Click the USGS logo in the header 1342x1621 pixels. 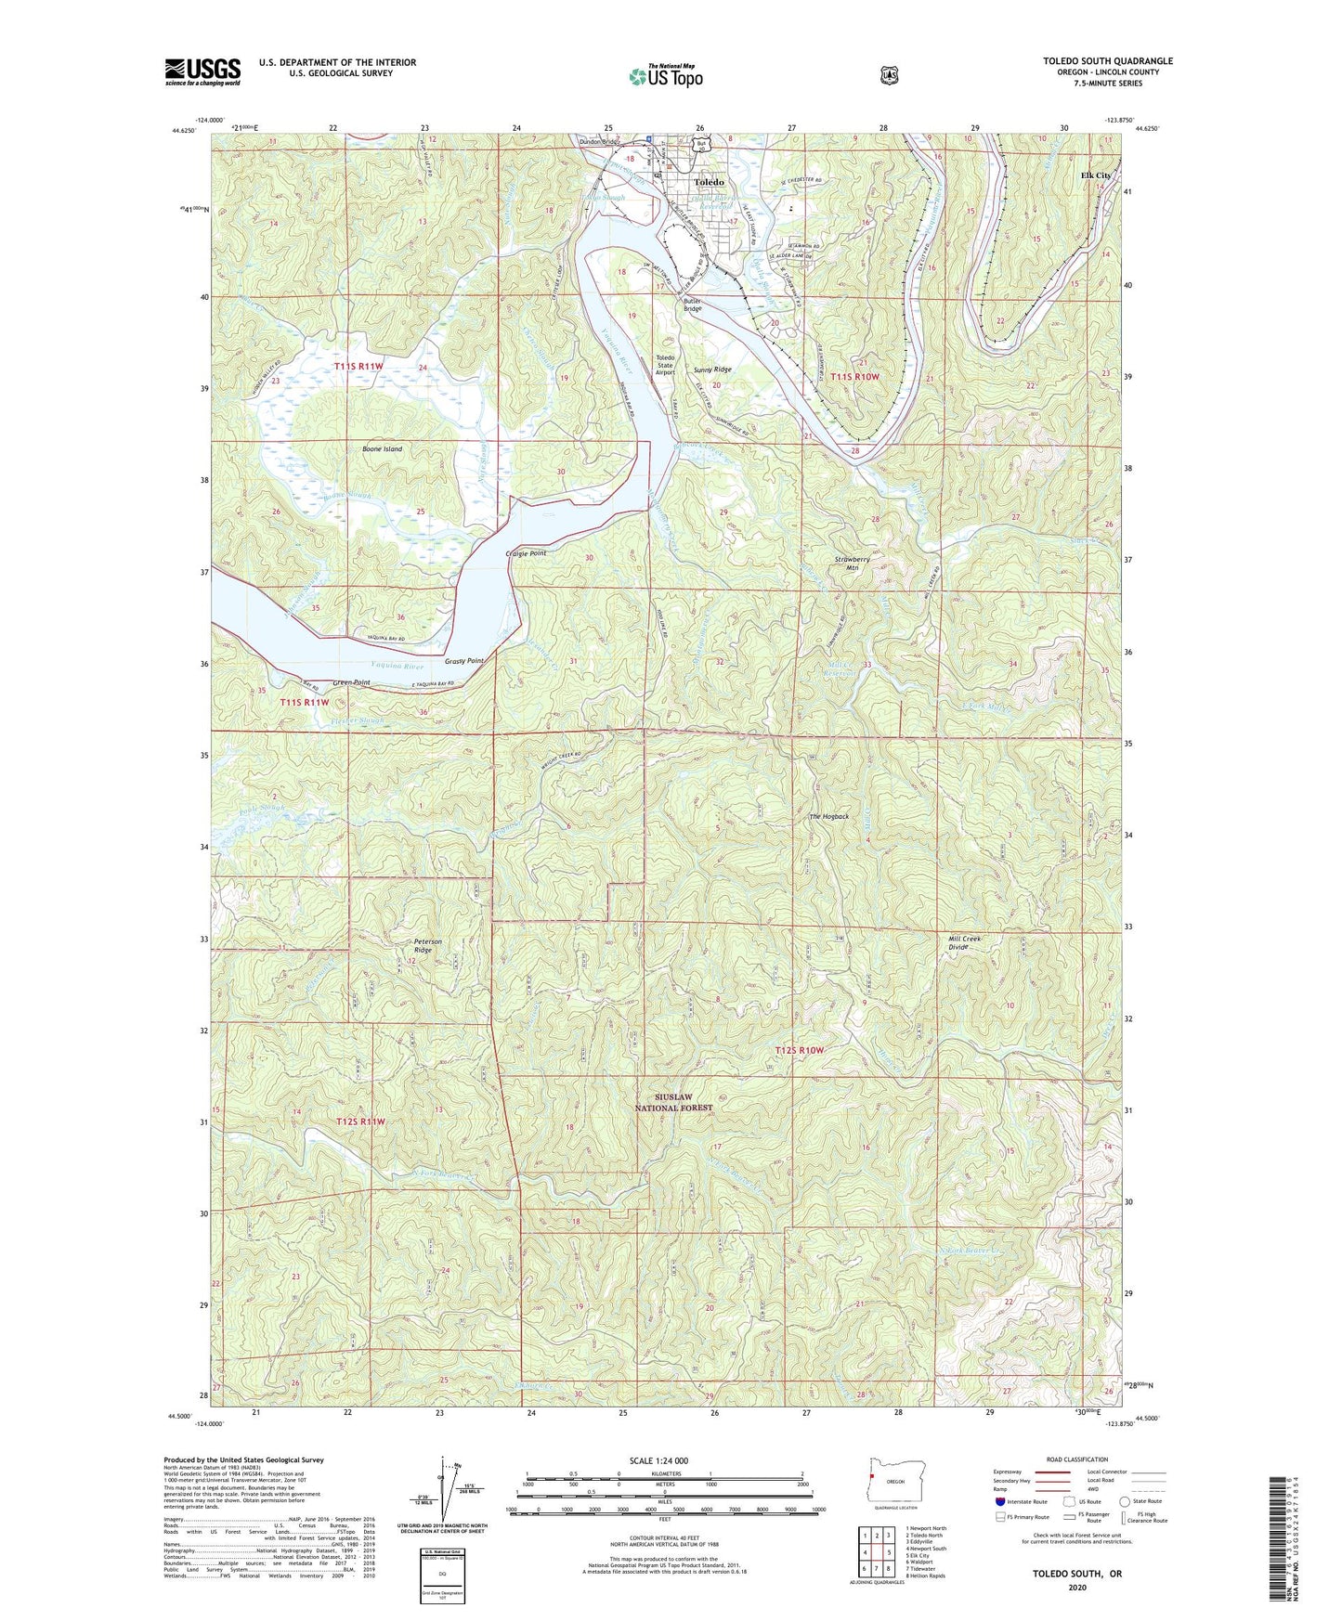click(202, 71)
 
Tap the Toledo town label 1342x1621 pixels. click(709, 182)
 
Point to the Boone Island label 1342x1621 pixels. click(382, 449)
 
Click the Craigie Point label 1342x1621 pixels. click(526, 553)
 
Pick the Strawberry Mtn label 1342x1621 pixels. click(852, 564)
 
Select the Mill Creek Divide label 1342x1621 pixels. click(964, 942)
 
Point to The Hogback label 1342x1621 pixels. click(828, 816)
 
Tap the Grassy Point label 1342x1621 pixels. click(464, 661)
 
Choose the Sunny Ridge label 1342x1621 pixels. click(712, 370)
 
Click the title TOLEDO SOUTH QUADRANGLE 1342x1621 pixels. click(1107, 61)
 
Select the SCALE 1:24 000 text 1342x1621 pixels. click(658, 1460)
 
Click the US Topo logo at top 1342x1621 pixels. click(665, 75)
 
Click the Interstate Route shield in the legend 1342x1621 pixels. click(1000, 1501)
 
